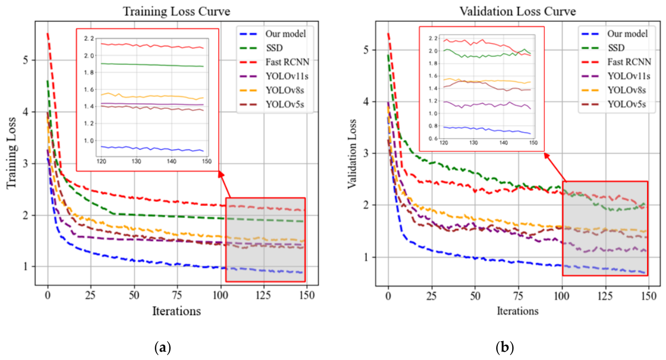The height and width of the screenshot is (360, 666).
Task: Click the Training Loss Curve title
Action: point(176,12)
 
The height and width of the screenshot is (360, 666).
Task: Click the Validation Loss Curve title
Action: point(518,12)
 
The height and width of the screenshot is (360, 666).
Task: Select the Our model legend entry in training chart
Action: point(273,34)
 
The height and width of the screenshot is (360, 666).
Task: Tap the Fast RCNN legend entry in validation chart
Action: point(615,62)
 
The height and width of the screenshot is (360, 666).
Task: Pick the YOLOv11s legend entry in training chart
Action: point(274,77)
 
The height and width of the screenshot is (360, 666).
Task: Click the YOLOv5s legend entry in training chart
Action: point(272,105)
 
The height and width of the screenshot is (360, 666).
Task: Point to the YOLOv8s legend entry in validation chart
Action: point(613,90)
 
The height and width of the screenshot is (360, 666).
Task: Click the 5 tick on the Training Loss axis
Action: point(26,60)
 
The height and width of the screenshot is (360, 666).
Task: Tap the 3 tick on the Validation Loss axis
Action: point(366,154)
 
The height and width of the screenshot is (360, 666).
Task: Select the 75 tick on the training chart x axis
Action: point(177,296)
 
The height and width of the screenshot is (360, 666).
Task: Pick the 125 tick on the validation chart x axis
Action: point(605,296)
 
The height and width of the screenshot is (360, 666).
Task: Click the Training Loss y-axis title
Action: point(11,153)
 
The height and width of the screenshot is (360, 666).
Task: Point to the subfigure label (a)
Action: point(163,347)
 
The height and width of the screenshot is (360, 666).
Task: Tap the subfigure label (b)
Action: point(504,347)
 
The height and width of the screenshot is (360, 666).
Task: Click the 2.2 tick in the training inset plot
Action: point(89,38)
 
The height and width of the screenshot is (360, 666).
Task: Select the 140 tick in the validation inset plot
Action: point(503,143)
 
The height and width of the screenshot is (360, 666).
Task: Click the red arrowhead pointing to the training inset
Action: point(221,174)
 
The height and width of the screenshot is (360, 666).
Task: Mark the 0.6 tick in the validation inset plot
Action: point(433,139)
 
